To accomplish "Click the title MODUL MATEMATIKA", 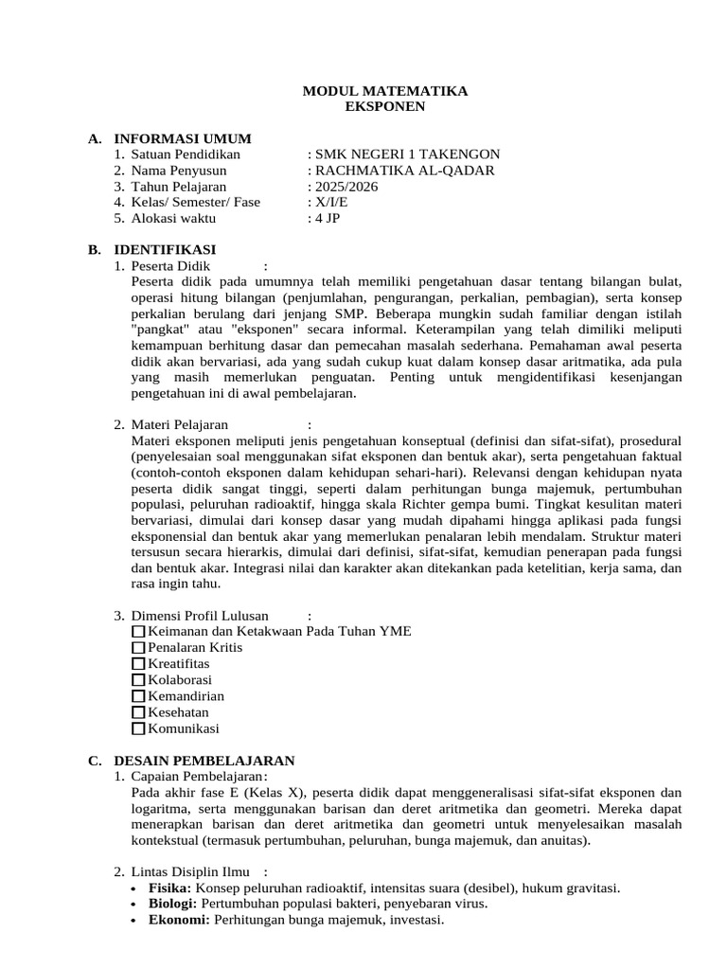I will [x=384, y=91].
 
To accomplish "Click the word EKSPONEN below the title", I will [x=385, y=106].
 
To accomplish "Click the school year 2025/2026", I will [x=346, y=187].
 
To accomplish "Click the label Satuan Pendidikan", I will [x=186, y=154].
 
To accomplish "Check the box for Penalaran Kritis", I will [x=139, y=648].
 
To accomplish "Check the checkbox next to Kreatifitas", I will [x=139, y=664].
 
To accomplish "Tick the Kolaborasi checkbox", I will [x=139, y=680].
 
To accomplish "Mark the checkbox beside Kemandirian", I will [x=139, y=696].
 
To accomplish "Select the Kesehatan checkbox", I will [x=139, y=712].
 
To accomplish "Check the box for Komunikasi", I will [x=139, y=728].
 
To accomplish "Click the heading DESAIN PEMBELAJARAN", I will [x=204, y=761].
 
